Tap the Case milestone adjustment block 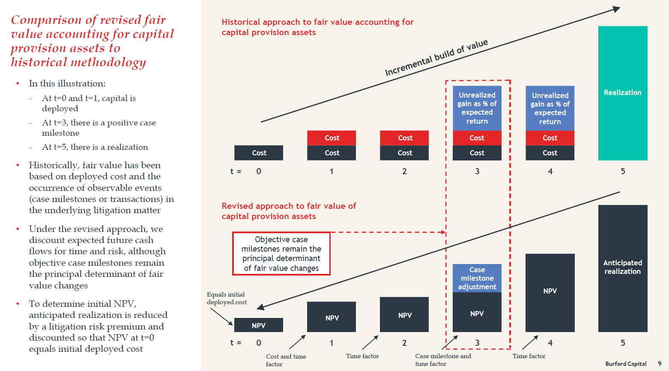477,278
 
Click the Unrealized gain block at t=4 550,108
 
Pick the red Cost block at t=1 332,138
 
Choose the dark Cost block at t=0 259,153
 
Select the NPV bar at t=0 259,325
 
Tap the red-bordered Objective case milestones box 281,254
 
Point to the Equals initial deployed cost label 226,298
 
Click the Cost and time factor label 286,360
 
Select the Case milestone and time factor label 443,359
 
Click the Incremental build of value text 436,58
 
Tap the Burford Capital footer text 626,364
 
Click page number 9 660,364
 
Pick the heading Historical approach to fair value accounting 317,27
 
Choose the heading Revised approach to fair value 289,211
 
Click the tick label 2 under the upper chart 404,171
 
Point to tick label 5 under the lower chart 623,343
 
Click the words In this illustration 67,83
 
